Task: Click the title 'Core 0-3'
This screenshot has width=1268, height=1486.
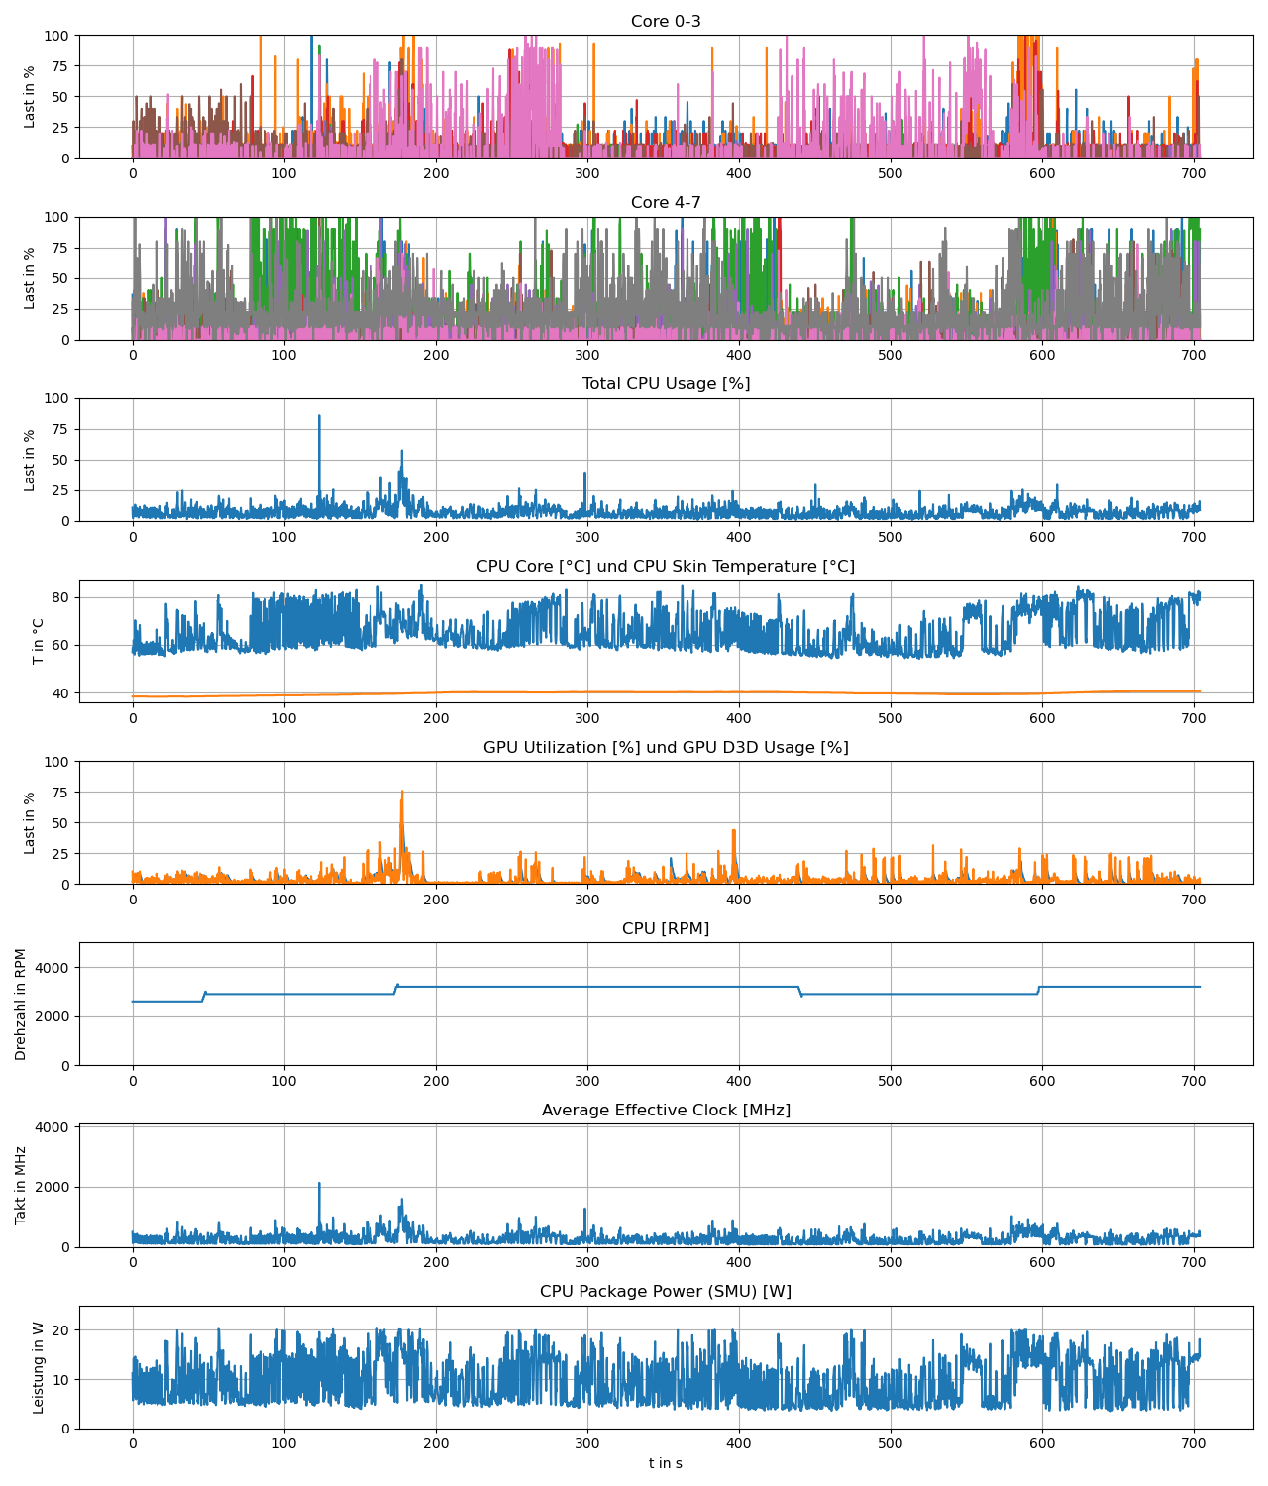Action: (666, 22)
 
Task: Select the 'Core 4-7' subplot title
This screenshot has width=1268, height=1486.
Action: (666, 203)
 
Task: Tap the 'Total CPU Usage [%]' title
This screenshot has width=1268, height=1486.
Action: (666, 384)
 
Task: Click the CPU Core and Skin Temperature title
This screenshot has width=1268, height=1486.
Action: (666, 567)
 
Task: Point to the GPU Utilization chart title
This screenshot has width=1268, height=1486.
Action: (666, 748)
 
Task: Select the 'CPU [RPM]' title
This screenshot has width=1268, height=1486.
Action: (666, 929)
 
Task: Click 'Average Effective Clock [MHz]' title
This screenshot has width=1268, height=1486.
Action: (666, 1111)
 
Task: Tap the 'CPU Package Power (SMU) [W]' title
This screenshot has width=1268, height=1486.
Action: (666, 1292)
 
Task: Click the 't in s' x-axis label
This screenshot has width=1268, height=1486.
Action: (666, 1463)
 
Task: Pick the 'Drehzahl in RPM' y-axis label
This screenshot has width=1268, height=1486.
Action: (22, 1004)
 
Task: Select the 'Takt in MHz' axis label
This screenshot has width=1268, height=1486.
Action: (22, 1186)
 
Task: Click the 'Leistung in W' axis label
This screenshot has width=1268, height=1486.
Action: (38, 1367)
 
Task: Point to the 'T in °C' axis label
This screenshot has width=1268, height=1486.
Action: (38, 641)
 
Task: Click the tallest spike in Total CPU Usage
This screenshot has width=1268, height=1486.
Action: (319, 417)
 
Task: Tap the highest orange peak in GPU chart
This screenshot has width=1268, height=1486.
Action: (402, 793)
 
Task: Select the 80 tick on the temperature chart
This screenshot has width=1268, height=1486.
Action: (60, 597)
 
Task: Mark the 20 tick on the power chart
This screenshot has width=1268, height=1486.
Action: (60, 1330)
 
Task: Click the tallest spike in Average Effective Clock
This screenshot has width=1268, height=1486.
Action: (319, 1184)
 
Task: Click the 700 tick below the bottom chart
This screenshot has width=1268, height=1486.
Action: (1194, 1444)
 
